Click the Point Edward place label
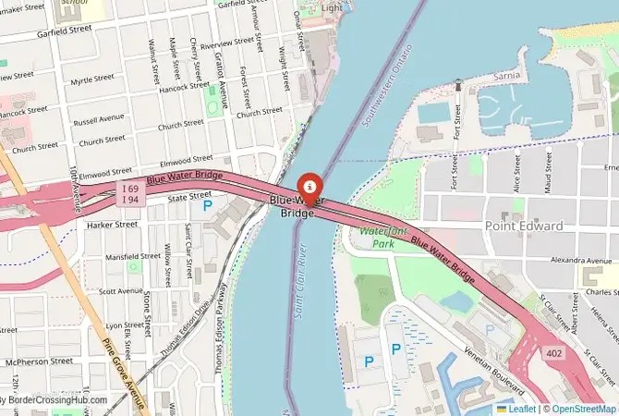[x=524, y=226]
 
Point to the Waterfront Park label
[x=383, y=238]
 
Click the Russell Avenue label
[x=99, y=118]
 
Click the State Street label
[x=189, y=196]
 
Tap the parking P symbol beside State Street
[x=207, y=205]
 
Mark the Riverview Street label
[x=226, y=42]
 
